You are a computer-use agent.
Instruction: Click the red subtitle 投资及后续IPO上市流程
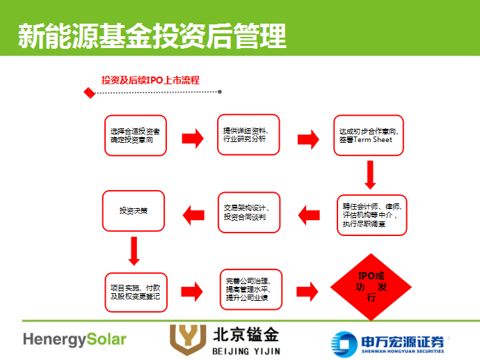(150, 80)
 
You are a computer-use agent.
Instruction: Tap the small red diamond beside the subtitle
(88, 93)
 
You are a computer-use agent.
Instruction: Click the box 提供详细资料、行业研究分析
(250, 135)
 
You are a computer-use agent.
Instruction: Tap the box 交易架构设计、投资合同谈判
(250, 212)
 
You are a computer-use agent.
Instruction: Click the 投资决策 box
(134, 211)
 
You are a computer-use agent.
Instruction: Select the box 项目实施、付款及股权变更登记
(135, 292)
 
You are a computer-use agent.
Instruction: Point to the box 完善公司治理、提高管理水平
(250, 291)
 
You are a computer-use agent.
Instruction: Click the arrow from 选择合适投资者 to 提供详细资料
(193, 138)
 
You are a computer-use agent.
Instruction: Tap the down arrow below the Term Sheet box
(370, 175)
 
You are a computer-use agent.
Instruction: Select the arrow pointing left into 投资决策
(193, 212)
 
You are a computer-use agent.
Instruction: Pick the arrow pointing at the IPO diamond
(307, 291)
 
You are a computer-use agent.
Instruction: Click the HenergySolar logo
(74, 339)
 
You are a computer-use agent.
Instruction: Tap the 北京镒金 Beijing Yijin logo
(224, 339)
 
